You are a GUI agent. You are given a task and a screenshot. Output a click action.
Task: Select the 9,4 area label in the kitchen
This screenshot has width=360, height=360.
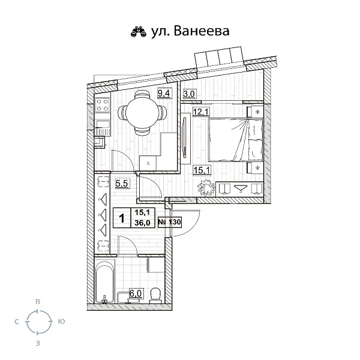pos(163,93)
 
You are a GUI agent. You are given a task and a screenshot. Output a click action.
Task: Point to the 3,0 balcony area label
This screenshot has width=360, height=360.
pos(189,94)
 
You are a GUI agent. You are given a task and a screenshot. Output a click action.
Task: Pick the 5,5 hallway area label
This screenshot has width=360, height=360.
pos(121,184)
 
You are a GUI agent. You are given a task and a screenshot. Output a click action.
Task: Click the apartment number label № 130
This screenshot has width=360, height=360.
pos(169,222)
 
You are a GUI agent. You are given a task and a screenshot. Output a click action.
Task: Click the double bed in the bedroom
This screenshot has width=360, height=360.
pos(234,139)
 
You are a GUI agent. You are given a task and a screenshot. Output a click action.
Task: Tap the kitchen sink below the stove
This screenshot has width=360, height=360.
pos(101,127)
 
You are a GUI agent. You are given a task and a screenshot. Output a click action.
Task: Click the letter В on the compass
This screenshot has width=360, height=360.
pos(38,302)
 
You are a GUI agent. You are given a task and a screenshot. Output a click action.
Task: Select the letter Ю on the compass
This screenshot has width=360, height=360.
pos(61,322)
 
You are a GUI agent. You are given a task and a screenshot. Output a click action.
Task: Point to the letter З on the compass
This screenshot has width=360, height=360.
pos(38,343)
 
